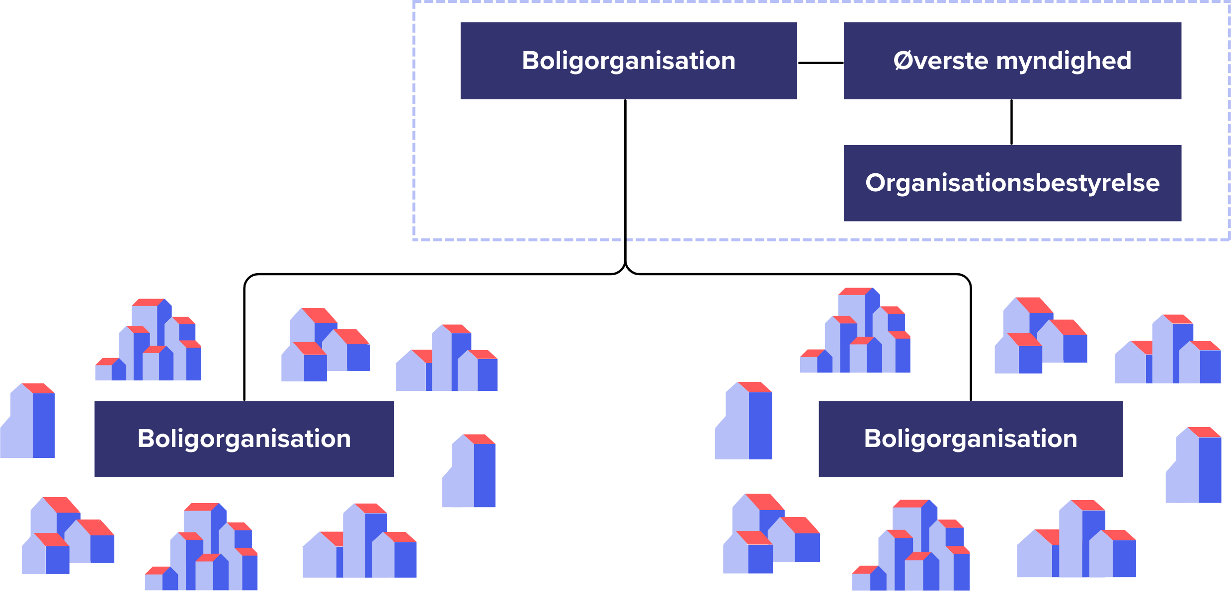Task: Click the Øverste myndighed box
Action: pyautogui.click(x=1012, y=61)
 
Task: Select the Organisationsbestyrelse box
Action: pyautogui.click(x=1012, y=183)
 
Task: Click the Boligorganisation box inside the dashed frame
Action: pyautogui.click(x=628, y=61)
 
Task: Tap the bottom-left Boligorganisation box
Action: pyautogui.click(x=244, y=439)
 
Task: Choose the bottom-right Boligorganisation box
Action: pyautogui.click(x=970, y=439)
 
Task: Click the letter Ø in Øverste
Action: pyautogui.click(x=903, y=61)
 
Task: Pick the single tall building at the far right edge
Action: pyautogui.click(x=1195, y=467)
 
